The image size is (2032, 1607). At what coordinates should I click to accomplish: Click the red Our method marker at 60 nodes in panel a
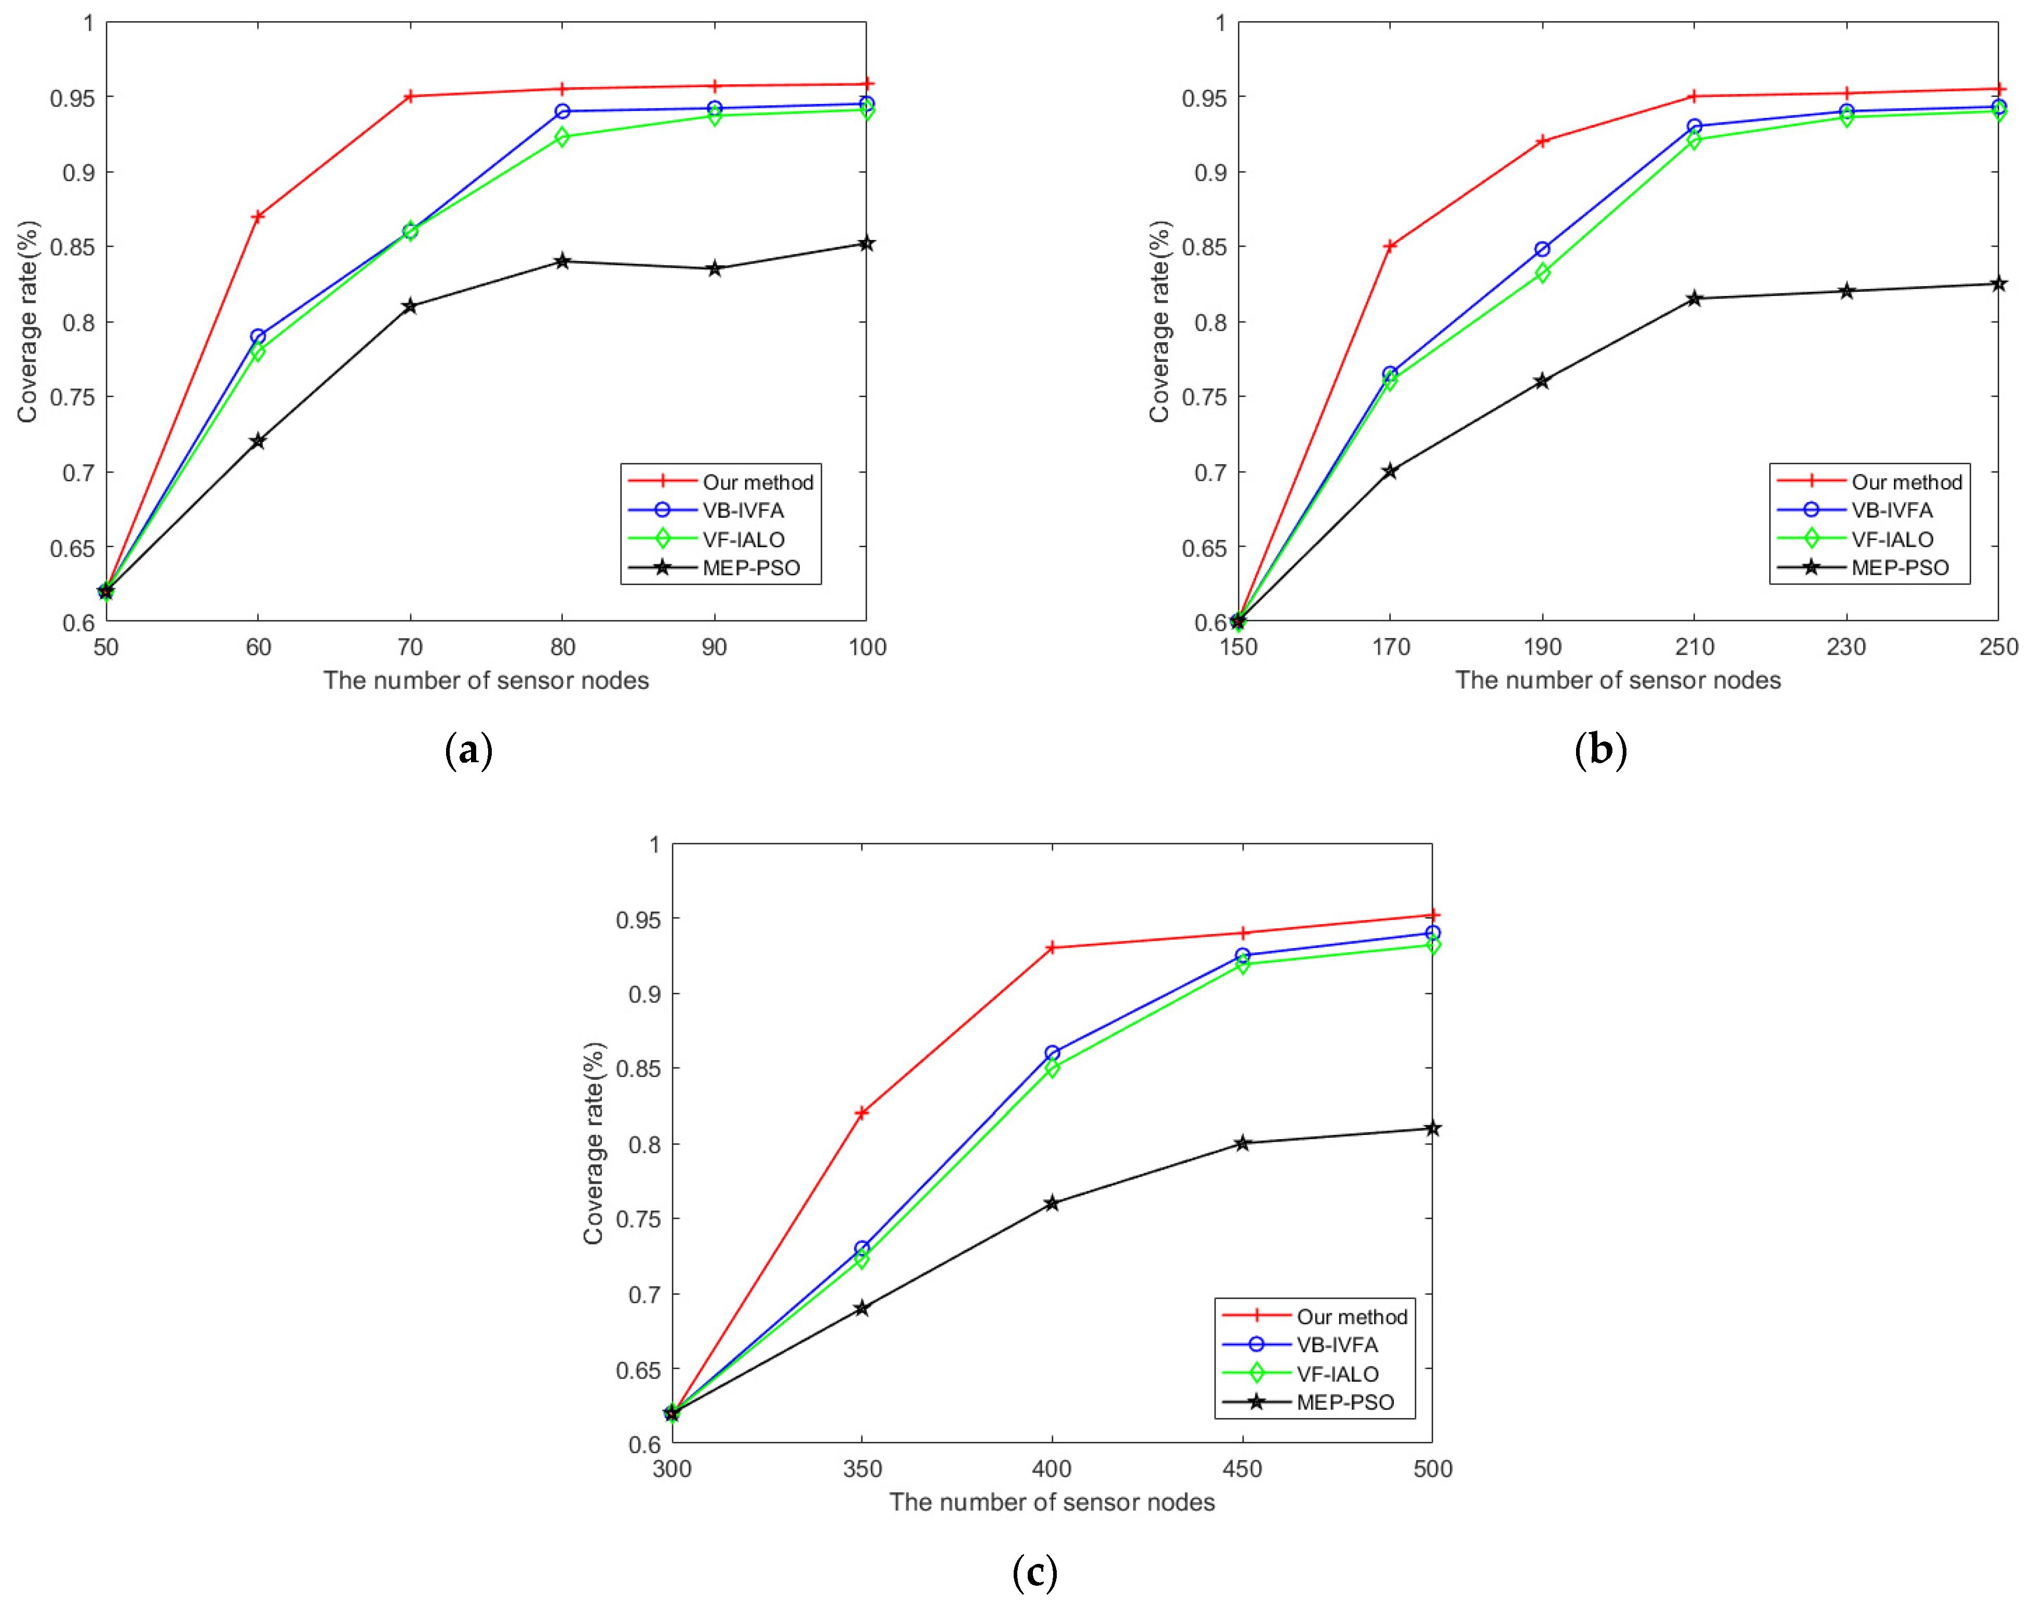(258, 217)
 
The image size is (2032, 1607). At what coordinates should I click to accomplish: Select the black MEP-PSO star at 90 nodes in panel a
(714, 269)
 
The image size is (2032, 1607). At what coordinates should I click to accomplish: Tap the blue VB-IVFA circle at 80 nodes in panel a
(562, 111)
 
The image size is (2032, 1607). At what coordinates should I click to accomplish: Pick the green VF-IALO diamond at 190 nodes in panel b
(1542, 273)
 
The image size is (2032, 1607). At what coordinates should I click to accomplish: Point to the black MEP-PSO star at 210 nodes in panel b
(1694, 299)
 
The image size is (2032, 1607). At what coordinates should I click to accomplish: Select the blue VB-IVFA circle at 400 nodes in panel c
(1052, 1053)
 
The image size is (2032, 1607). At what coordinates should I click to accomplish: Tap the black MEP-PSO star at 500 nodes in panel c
(1432, 1128)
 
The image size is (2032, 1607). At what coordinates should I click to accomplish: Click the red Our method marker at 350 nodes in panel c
(862, 1113)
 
